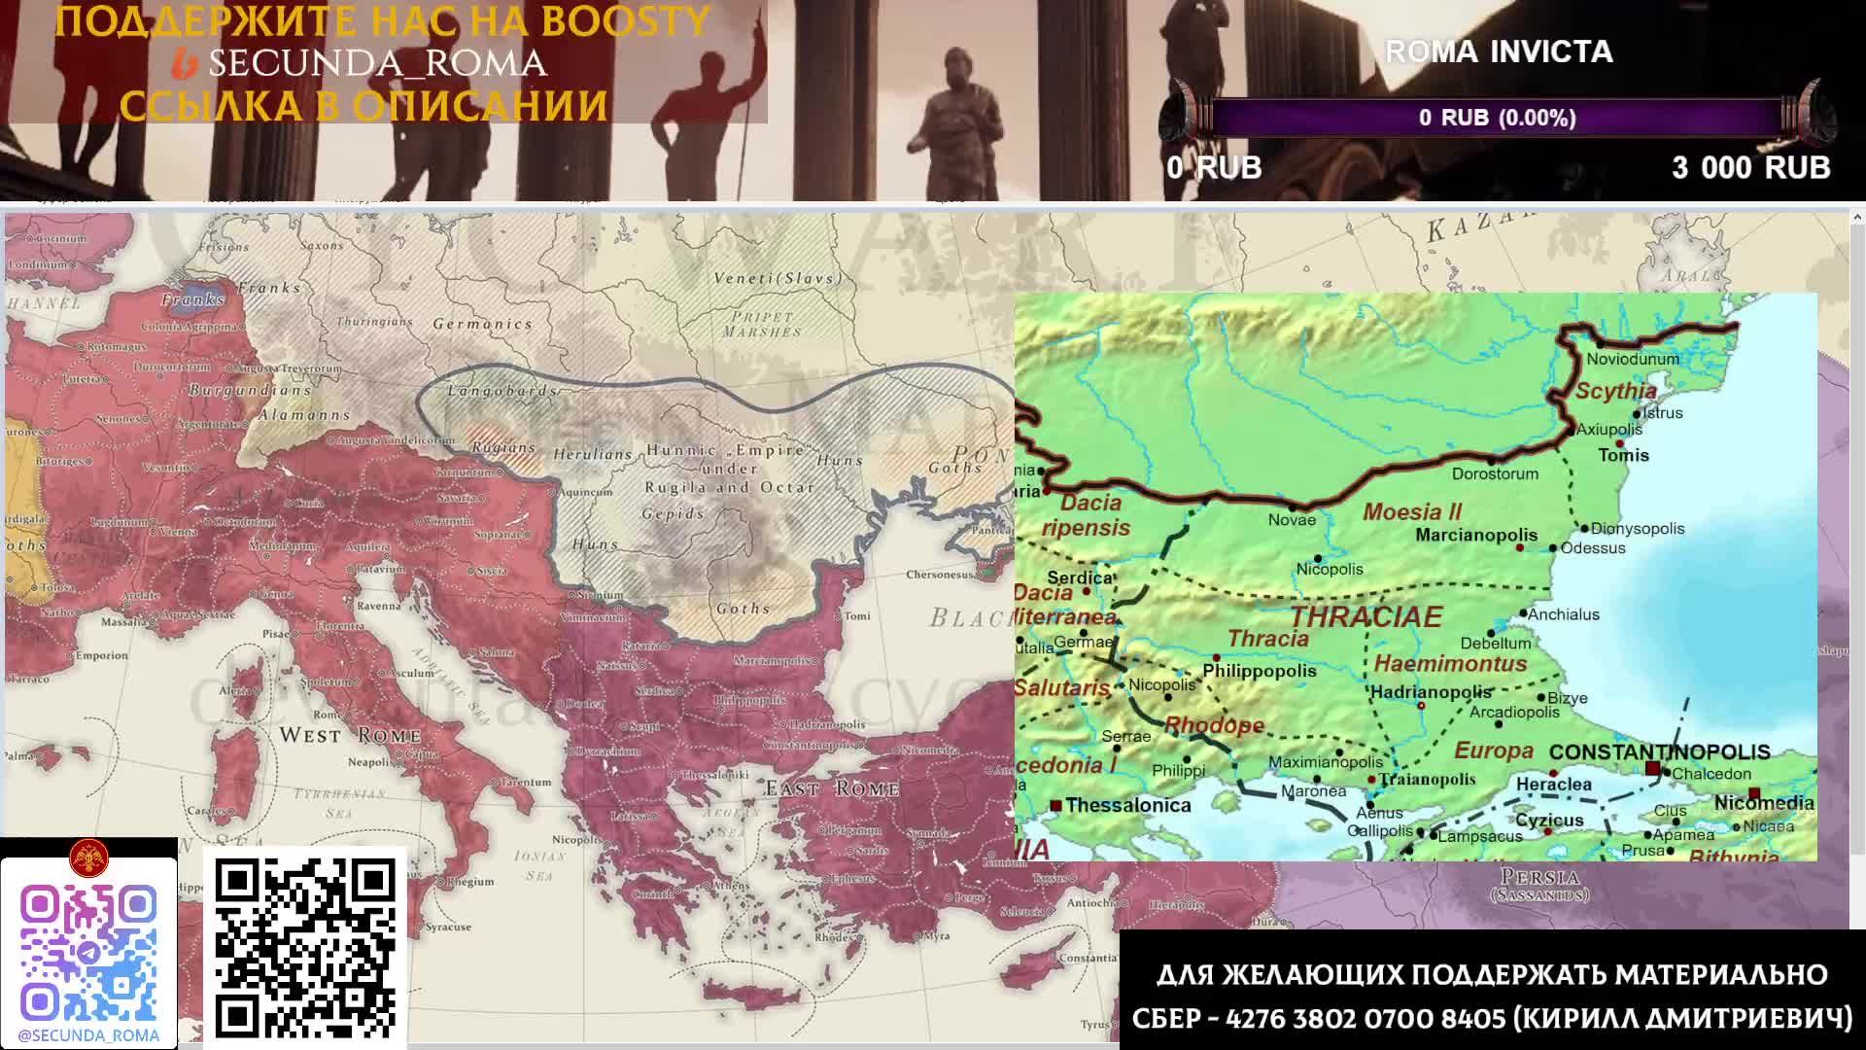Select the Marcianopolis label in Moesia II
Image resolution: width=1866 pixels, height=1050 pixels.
[1476, 535]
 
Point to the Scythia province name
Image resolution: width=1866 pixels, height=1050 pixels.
[1615, 391]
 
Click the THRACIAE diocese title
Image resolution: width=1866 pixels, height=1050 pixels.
[1365, 616]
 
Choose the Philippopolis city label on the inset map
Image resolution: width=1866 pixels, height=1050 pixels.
[1260, 671]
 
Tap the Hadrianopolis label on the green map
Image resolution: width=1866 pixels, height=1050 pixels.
[1431, 692]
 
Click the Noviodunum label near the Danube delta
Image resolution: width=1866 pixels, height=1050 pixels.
[1633, 359]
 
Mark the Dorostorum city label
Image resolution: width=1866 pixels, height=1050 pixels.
[1495, 473]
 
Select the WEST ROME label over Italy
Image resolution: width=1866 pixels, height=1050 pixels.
[350, 735]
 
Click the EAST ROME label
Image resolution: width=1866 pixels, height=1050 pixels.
[831, 788]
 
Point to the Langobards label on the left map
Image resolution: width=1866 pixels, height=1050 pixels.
[502, 391]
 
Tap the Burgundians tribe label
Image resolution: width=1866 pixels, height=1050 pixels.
[250, 390]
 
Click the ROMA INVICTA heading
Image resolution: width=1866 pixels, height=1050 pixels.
[1499, 52]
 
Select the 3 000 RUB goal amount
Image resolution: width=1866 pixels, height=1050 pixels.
[1750, 167]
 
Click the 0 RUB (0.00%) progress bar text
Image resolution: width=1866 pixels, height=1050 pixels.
[1497, 118]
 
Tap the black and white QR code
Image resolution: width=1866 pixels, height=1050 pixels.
[304, 948]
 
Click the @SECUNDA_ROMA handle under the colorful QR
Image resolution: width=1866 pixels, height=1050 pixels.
[88, 1035]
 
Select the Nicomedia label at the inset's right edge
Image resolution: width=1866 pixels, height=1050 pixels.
[1764, 803]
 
